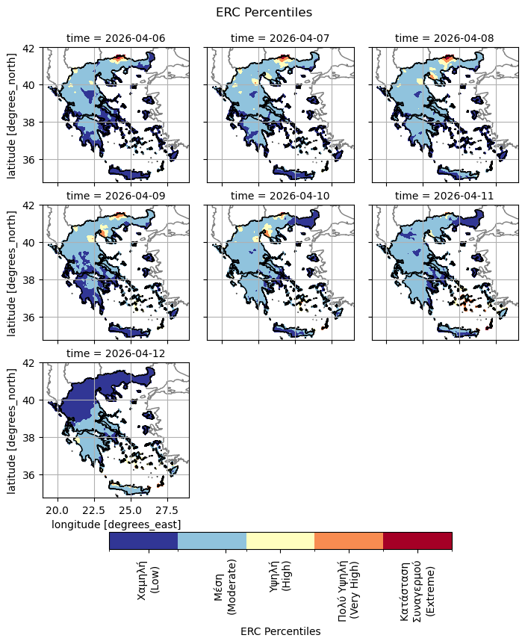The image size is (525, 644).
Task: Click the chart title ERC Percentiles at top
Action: tap(263, 12)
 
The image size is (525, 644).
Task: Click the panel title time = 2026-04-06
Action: tap(116, 38)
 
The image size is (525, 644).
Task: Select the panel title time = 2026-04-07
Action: tap(280, 38)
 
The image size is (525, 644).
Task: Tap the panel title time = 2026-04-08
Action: tap(444, 38)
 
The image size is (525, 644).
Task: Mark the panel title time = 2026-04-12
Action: tap(116, 353)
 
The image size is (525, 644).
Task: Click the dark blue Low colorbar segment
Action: tap(143, 541)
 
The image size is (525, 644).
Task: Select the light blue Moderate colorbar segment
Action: tap(212, 541)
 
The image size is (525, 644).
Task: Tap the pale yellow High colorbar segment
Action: tap(280, 541)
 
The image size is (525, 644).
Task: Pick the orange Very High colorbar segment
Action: tap(349, 541)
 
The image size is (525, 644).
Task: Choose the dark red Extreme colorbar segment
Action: tap(417, 541)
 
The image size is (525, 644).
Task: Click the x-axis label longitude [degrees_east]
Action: tap(116, 525)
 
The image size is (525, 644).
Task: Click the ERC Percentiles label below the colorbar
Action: tap(280, 631)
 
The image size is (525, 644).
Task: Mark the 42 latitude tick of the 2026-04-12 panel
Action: tap(31, 363)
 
